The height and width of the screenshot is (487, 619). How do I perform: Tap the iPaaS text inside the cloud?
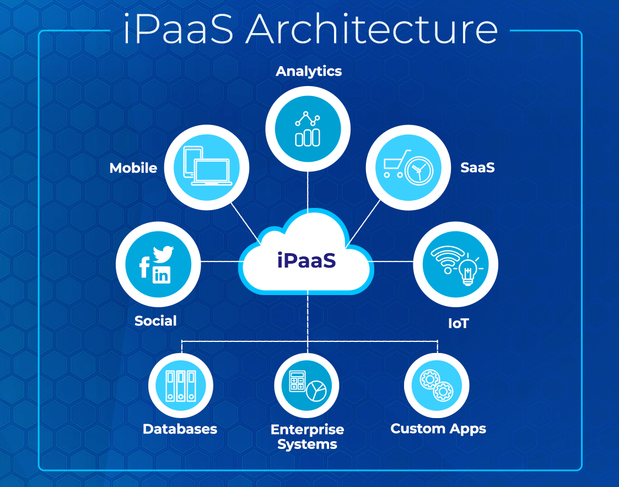(306, 260)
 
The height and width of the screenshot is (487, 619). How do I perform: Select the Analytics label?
(309, 71)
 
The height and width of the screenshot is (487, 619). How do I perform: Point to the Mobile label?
(133, 168)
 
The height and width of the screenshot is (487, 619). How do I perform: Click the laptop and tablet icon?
(207, 167)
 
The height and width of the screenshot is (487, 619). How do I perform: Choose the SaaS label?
(477, 167)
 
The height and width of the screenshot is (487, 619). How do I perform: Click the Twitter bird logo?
(163, 253)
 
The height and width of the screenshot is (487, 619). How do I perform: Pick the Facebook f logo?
(144, 267)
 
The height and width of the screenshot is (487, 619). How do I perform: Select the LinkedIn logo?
(162, 274)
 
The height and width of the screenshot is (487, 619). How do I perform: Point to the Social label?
(155, 320)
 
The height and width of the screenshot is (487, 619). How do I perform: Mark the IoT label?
(458, 323)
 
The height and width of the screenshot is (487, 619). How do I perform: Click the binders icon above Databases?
(181, 384)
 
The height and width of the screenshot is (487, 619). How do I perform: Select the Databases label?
(180, 429)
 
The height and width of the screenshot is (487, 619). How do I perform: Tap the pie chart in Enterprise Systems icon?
(316, 391)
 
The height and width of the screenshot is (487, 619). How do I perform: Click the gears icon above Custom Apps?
(436, 385)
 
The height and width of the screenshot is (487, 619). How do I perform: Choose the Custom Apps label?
(438, 429)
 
